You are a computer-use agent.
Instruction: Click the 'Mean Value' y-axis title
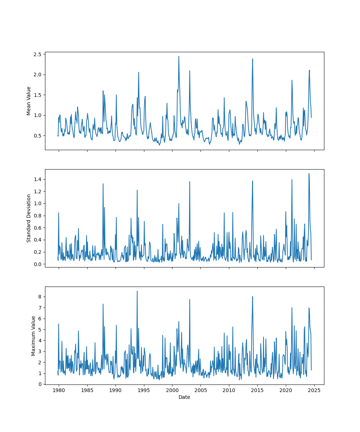[29, 101]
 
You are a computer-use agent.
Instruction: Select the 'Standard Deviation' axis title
[29, 218]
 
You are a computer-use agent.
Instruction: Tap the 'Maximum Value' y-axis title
[33, 336]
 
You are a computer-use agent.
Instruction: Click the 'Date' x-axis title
[184, 397]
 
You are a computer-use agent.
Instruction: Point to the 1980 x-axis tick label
[59, 390]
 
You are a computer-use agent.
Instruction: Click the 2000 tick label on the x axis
[172, 390]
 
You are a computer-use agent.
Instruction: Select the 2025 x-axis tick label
[314, 390]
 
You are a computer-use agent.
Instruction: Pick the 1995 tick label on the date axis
[144, 390]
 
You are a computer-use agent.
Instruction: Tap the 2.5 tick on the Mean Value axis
[37, 54]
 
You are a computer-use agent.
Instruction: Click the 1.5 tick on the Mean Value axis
[37, 95]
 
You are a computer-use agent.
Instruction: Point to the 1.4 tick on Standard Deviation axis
[37, 179]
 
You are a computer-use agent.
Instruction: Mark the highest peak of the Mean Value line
[179, 56]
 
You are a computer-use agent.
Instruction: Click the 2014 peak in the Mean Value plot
[252, 59]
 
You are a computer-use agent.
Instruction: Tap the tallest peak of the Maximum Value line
[137, 291]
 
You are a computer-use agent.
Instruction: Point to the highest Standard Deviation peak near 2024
[309, 174]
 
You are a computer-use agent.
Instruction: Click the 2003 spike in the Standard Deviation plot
[190, 181]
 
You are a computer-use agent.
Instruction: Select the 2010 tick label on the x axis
[229, 390]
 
